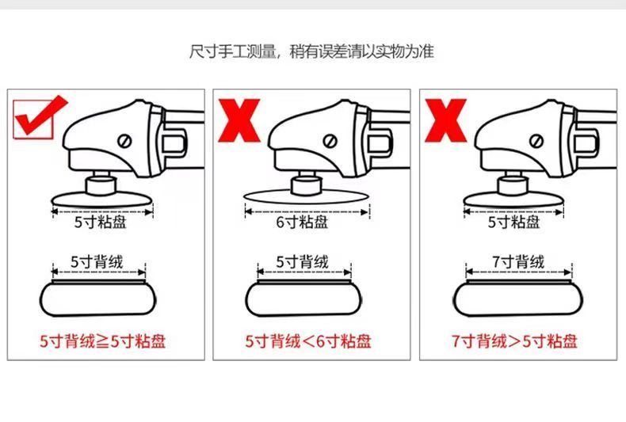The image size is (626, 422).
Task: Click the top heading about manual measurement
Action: pyautogui.click(x=312, y=52)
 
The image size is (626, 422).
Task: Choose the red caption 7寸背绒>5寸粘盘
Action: pyautogui.click(x=514, y=342)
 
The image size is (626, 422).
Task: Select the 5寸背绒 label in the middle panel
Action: pyautogui.click(x=303, y=261)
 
